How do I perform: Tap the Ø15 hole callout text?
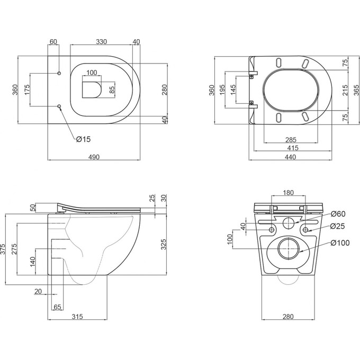pos(83,139)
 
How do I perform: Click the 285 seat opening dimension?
pos(291,140)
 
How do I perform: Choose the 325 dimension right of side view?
pos(164,245)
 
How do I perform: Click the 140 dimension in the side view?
pos(32,260)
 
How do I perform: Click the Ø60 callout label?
pos(338,214)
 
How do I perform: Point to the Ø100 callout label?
pos(339,242)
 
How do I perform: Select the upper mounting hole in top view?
pos(59,73)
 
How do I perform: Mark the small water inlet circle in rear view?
pos(289,222)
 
